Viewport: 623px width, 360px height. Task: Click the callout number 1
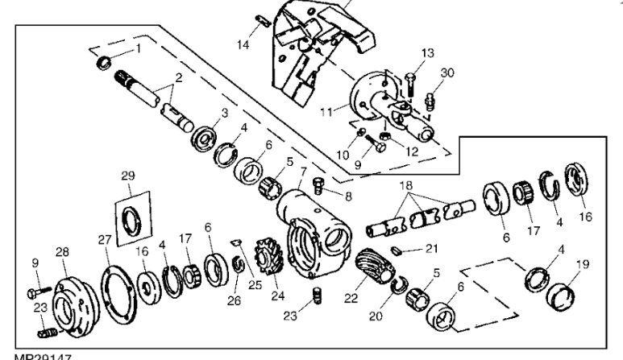tap(138, 48)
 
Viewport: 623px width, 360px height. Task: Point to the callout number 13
tap(427, 52)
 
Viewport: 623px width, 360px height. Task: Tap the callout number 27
tap(102, 239)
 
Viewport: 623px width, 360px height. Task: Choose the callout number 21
tap(432, 249)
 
